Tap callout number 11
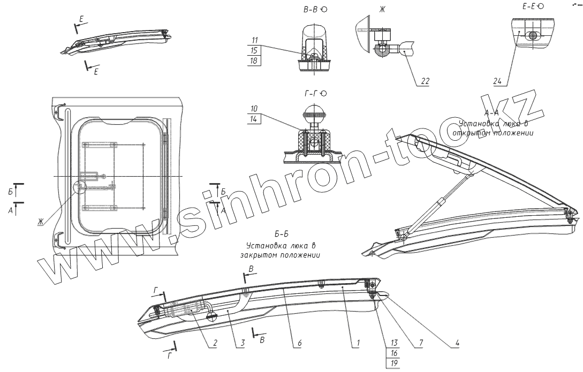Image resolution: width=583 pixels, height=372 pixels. pyautogui.click(x=255, y=40)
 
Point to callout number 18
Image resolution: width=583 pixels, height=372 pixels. pyautogui.click(x=255, y=60)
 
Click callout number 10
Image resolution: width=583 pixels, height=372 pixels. pyautogui.click(x=255, y=109)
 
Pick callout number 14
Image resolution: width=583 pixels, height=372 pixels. pyautogui.click(x=255, y=119)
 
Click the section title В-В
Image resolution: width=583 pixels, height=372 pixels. pyautogui.click(x=311, y=10)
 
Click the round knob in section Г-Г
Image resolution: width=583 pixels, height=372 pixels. pyautogui.click(x=314, y=114)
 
